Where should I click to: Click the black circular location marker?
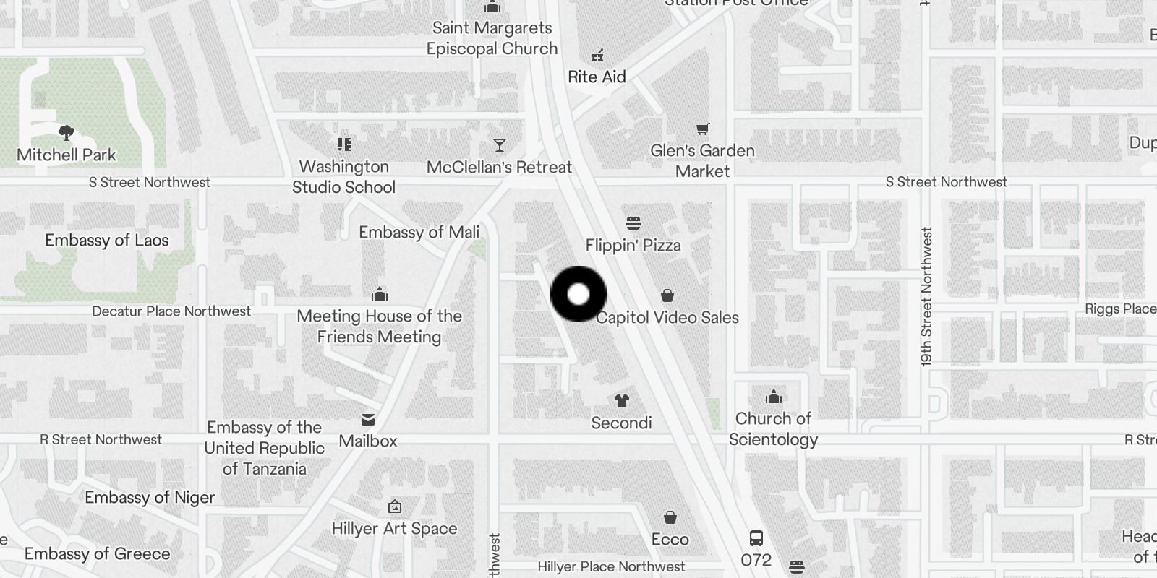click(578, 294)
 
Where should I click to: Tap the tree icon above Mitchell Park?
click(67, 133)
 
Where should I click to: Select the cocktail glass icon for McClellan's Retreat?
click(499, 145)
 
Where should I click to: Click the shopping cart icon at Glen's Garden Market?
click(702, 129)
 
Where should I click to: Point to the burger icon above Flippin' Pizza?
click(633, 223)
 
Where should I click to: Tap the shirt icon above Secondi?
click(621, 401)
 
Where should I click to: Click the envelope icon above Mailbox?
click(368, 420)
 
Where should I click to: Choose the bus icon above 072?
click(756, 538)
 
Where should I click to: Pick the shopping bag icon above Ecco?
click(670, 517)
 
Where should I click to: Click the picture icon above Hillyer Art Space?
click(394, 506)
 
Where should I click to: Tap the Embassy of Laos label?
click(107, 241)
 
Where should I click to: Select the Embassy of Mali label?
click(419, 233)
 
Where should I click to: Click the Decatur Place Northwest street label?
click(171, 311)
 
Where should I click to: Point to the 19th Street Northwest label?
click(927, 297)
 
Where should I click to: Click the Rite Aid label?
click(597, 77)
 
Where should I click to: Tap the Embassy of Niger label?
click(150, 498)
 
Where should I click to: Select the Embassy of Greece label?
click(98, 554)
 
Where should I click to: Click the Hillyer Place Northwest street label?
click(611, 567)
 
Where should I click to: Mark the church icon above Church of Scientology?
click(773, 397)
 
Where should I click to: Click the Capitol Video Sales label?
click(667, 318)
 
